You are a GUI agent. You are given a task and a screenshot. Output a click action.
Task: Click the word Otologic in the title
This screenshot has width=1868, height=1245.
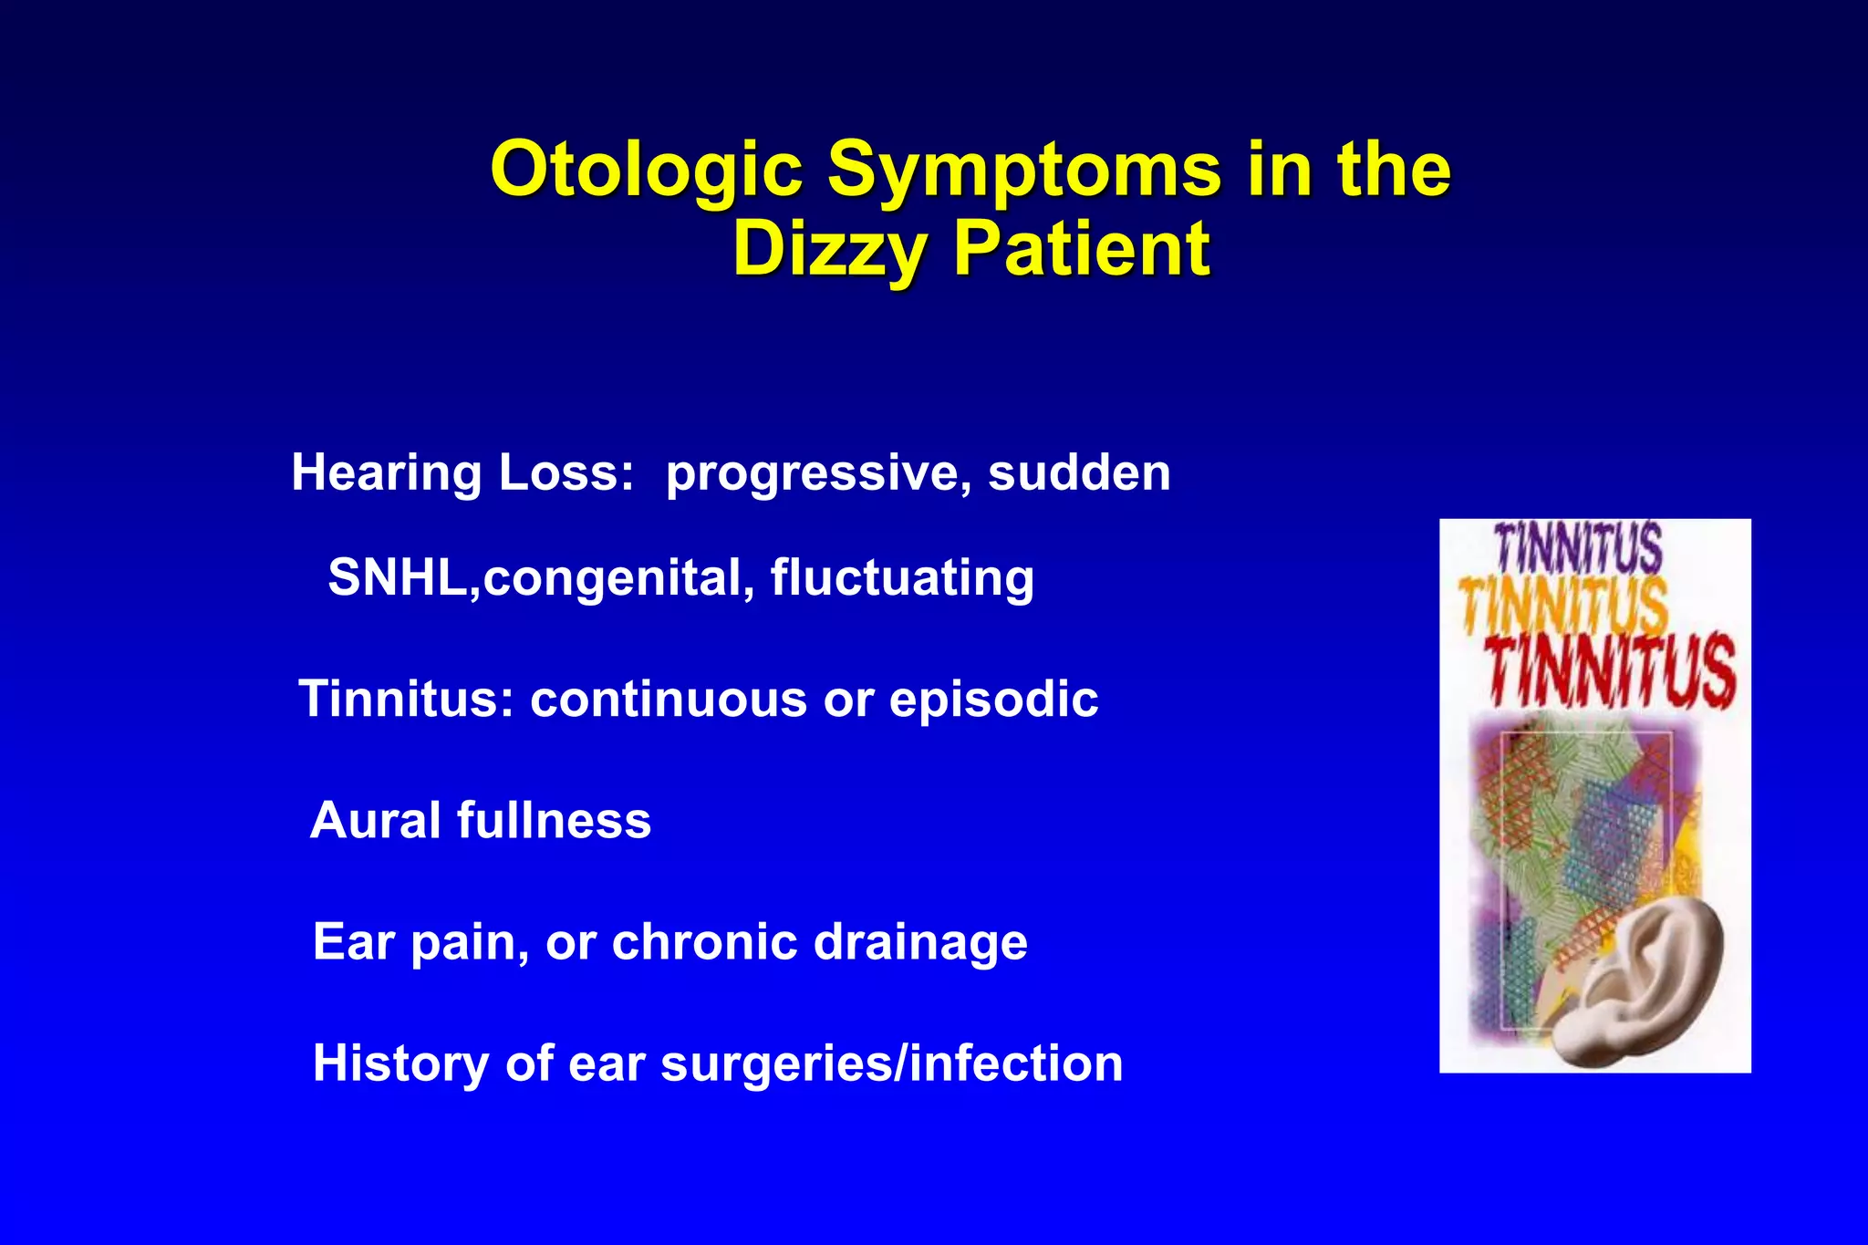click(x=647, y=171)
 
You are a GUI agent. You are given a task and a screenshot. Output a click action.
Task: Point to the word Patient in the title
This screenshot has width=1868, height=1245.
click(x=1082, y=249)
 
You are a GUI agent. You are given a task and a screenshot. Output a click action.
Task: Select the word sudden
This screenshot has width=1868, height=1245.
click(x=1079, y=472)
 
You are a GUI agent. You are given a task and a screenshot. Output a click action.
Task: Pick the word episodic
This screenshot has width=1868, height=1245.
click(x=993, y=700)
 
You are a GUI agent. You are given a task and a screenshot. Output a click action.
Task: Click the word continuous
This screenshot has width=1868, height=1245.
click(x=669, y=700)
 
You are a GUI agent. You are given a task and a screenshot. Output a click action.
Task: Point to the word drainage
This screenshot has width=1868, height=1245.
click(x=920, y=943)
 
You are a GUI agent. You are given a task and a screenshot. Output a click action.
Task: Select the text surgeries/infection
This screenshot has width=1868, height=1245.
click(x=891, y=1064)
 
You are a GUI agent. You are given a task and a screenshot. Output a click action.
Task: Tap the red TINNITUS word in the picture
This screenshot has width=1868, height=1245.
click(x=1610, y=673)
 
